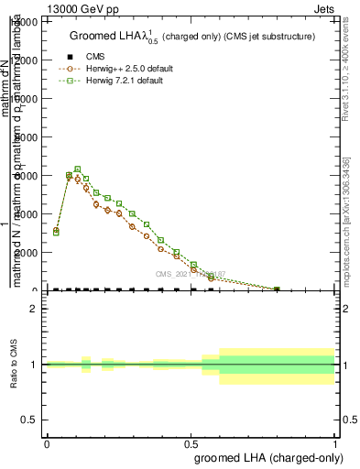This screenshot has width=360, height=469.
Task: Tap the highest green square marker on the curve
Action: pyautogui.click(x=78, y=169)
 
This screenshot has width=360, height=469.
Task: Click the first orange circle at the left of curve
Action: pyautogui.click(x=56, y=231)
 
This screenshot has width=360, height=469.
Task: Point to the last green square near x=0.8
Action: pyautogui.click(x=277, y=289)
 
